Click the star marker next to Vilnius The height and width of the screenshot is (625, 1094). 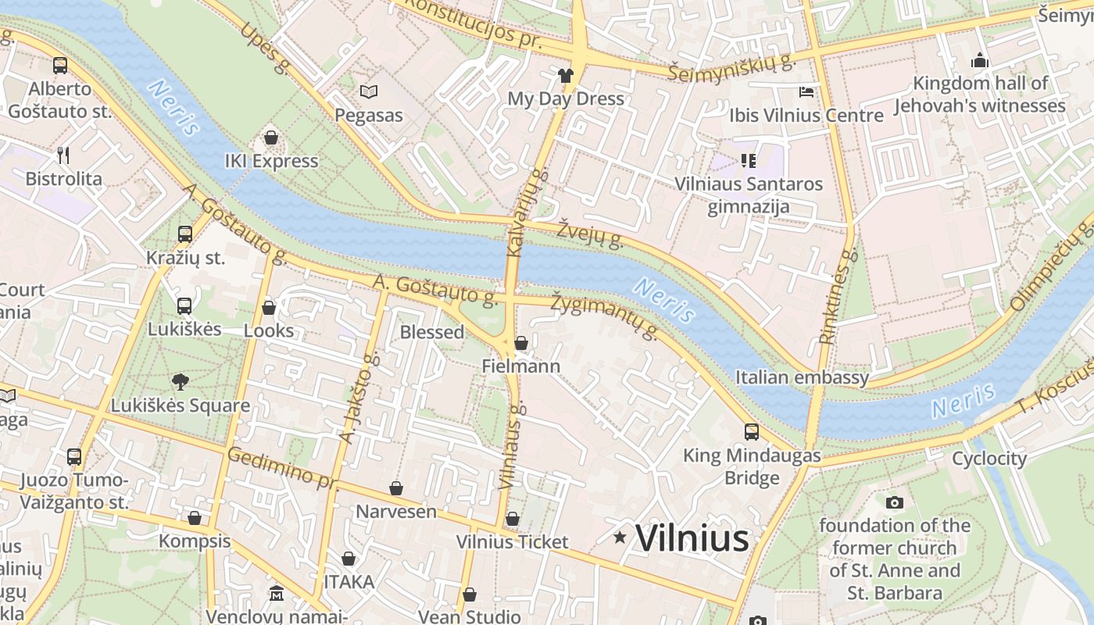(x=620, y=537)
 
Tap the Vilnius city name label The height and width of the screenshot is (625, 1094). (x=692, y=538)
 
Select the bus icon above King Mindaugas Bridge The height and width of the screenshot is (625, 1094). (x=751, y=431)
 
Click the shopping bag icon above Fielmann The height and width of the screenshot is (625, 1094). (x=521, y=343)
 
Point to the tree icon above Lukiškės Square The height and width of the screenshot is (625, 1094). (x=180, y=382)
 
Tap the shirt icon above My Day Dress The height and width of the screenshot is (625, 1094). (x=566, y=76)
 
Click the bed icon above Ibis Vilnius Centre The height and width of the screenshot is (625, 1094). (x=806, y=92)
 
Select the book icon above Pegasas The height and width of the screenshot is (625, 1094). (x=369, y=92)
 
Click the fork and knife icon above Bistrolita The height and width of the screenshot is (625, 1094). (x=63, y=155)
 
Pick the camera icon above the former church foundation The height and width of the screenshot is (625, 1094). (x=895, y=502)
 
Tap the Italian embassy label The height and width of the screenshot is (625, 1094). (x=802, y=378)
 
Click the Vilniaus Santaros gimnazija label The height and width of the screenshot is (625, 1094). (x=749, y=195)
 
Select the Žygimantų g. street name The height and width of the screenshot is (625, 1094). (x=604, y=317)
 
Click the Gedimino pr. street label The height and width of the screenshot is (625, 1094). (x=282, y=468)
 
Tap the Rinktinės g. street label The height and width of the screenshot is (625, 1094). (x=838, y=297)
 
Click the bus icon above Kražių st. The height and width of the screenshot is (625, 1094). (x=185, y=234)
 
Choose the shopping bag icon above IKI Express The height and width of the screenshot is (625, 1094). (x=271, y=138)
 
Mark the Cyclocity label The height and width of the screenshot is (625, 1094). (x=989, y=459)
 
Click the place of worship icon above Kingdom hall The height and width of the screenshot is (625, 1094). (x=980, y=60)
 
